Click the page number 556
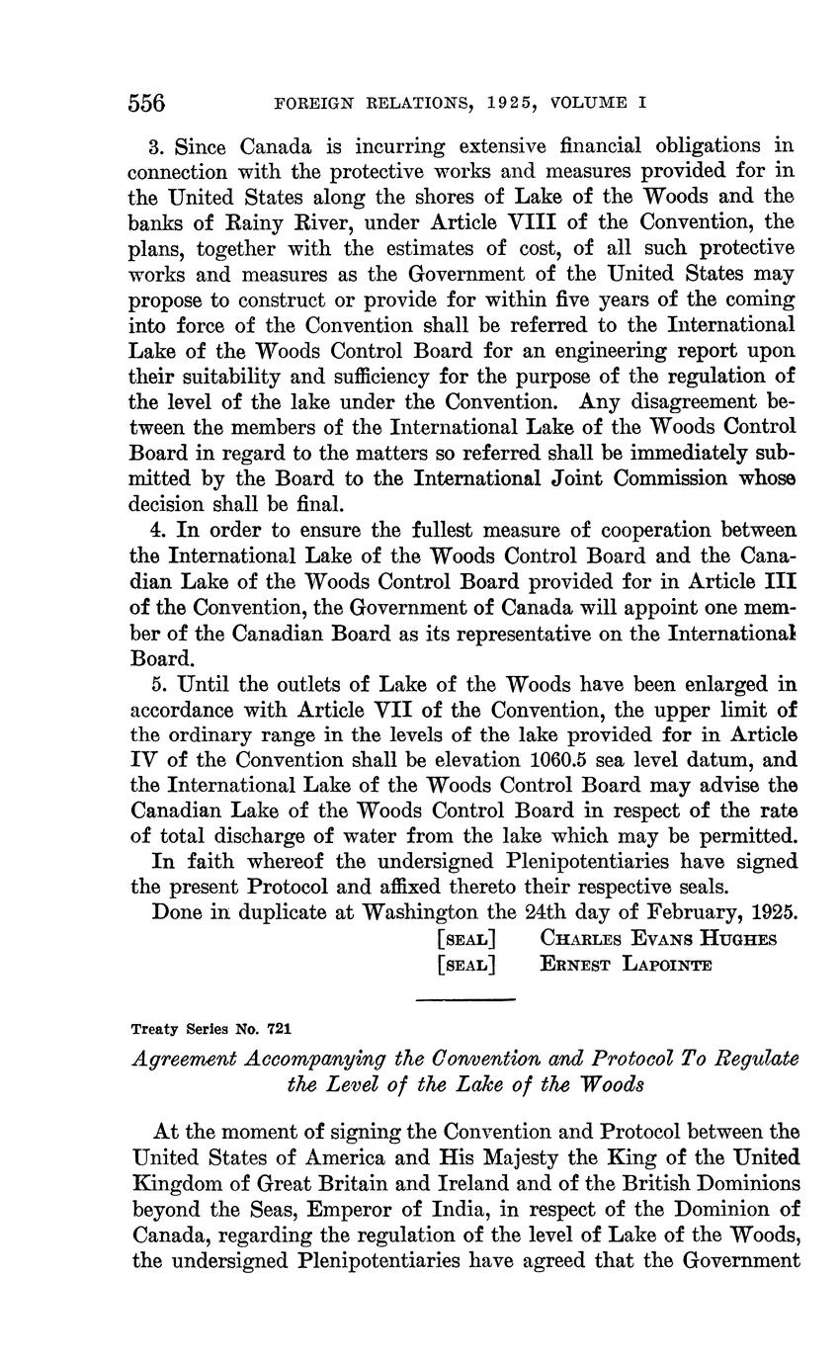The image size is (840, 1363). click(147, 103)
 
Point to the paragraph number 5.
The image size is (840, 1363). click(157, 684)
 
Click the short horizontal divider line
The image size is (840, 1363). click(465, 999)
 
